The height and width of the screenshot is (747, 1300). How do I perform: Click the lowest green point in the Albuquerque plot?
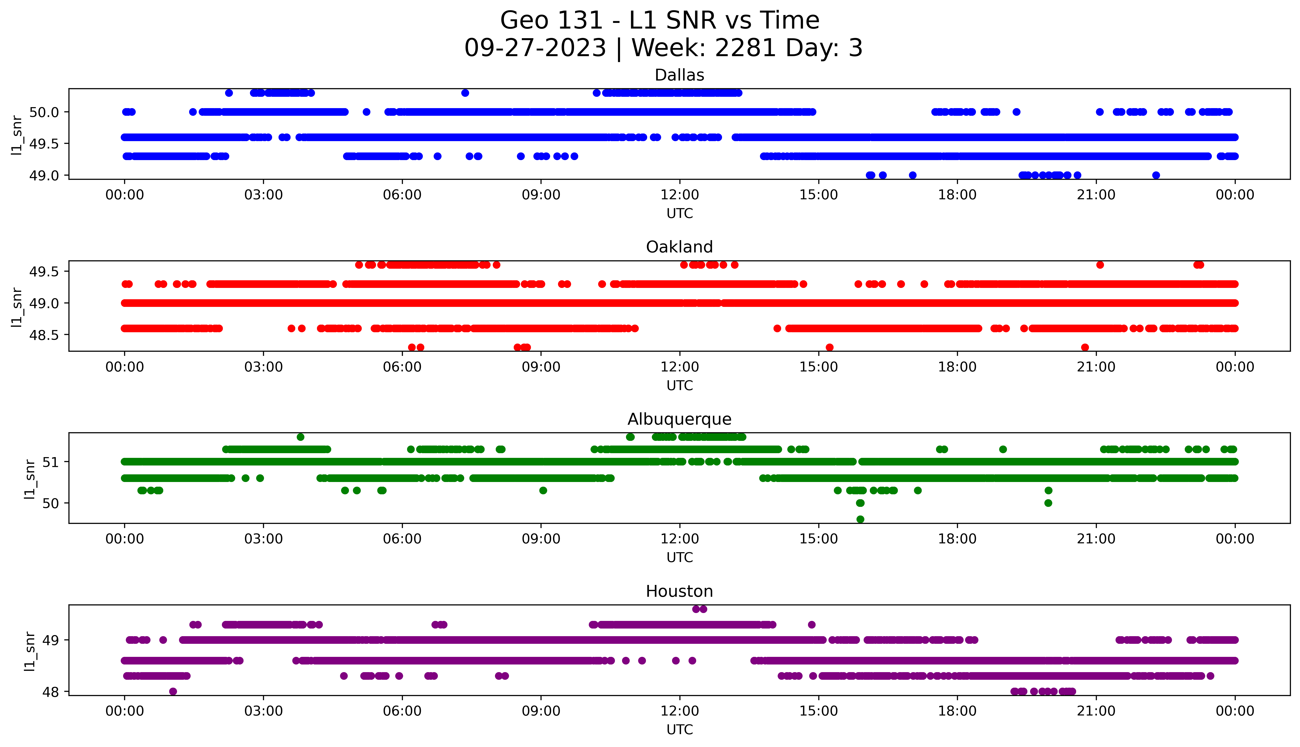860,519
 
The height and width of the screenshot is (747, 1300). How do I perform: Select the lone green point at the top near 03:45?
300,437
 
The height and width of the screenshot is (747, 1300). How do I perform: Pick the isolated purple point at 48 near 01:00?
173,691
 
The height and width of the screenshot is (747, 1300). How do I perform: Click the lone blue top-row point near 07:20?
465,93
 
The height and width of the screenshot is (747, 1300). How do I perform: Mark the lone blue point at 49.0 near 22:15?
1156,175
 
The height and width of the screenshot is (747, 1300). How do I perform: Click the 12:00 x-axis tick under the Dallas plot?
679,195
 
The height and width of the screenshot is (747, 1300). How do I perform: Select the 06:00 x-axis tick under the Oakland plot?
402,367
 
